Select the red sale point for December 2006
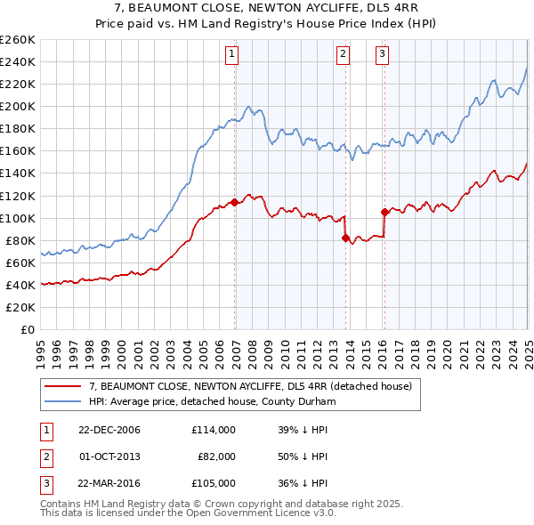click(234, 202)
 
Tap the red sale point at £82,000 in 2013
click(344, 238)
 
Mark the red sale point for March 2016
click(384, 212)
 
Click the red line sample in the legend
click(63, 386)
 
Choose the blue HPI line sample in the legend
click(63, 401)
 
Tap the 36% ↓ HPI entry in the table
click(303, 483)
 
